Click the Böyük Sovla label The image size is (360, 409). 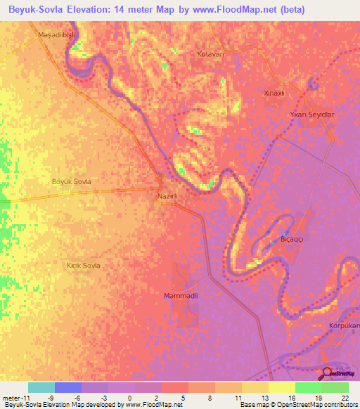pyautogui.click(x=72, y=182)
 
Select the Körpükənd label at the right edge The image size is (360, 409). pyautogui.click(x=344, y=326)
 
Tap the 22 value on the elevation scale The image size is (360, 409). pyautogui.click(x=344, y=398)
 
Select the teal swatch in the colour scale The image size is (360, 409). pyautogui.click(x=41, y=387)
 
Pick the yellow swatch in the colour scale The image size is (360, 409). pyautogui.click(x=281, y=387)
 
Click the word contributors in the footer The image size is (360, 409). pyautogui.click(x=341, y=405)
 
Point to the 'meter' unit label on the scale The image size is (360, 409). pyautogui.click(x=10, y=398)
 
